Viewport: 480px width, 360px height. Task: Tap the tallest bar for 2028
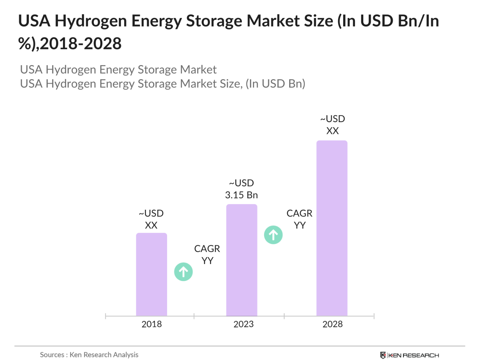332,228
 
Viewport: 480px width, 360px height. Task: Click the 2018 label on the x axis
151,324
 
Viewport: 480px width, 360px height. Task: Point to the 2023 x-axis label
243,324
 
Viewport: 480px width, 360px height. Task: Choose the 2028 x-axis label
332,324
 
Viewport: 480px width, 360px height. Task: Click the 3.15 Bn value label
241,195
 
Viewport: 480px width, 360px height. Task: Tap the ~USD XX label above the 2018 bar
151,219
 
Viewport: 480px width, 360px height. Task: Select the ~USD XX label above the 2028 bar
332,125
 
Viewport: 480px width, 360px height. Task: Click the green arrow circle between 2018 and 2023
183,272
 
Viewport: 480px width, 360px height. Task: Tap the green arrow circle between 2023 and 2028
273,235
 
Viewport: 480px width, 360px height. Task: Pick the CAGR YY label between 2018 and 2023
207,254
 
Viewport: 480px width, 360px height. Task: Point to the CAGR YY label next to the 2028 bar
299,219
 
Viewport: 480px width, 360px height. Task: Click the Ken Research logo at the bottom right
410,355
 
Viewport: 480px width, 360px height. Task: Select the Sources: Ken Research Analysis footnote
89,355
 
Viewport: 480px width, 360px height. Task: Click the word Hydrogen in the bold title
91,21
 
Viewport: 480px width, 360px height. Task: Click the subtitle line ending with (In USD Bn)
162,84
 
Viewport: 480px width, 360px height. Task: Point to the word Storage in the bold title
214,21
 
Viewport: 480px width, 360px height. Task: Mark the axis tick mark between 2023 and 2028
284,316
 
